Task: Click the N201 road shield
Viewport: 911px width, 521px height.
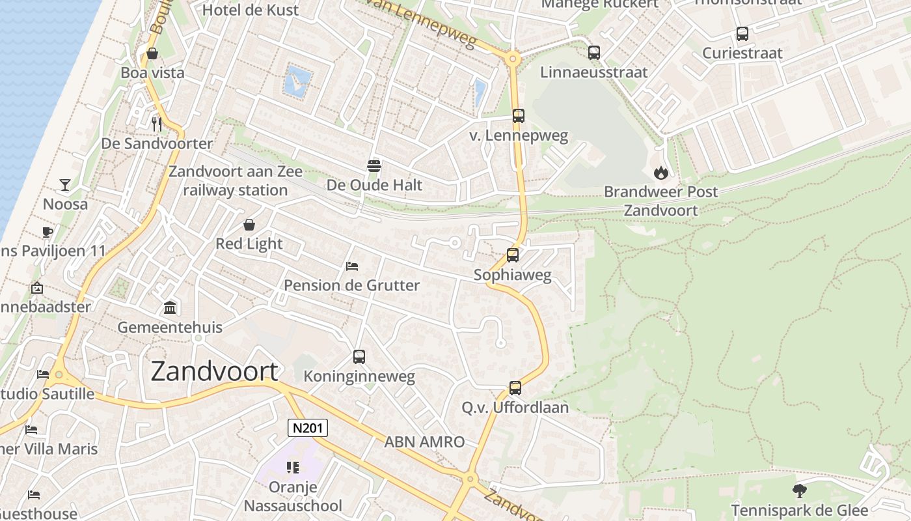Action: pyautogui.click(x=308, y=428)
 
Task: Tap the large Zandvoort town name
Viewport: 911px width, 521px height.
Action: pyautogui.click(x=215, y=371)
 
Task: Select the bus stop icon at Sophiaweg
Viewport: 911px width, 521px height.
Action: pyautogui.click(x=513, y=255)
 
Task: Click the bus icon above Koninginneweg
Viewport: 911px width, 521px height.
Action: pyautogui.click(x=359, y=357)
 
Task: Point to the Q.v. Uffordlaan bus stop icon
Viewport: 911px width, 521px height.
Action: pyautogui.click(x=515, y=388)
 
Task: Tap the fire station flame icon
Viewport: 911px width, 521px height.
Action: pyautogui.click(x=661, y=173)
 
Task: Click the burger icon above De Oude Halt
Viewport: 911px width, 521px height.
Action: pyautogui.click(x=374, y=165)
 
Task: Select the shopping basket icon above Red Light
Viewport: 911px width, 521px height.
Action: pyautogui.click(x=249, y=225)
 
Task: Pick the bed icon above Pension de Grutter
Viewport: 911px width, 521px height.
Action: pyautogui.click(x=352, y=266)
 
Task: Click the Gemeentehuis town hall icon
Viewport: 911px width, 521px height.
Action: pyautogui.click(x=170, y=307)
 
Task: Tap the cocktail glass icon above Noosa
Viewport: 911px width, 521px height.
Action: pyautogui.click(x=65, y=185)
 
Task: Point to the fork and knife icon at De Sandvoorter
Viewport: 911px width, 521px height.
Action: pyautogui.click(x=156, y=124)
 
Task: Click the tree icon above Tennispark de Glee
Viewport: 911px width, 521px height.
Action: pyautogui.click(x=799, y=490)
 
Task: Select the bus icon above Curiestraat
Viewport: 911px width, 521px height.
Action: pyautogui.click(x=742, y=34)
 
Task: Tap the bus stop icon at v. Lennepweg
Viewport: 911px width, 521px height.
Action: pyautogui.click(x=519, y=116)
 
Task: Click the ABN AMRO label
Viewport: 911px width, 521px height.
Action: pyautogui.click(x=424, y=442)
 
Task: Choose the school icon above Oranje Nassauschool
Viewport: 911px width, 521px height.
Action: pyautogui.click(x=293, y=468)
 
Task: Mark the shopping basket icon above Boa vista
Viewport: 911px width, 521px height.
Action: pyautogui.click(x=152, y=53)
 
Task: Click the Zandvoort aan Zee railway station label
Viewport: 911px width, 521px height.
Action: pyautogui.click(x=236, y=181)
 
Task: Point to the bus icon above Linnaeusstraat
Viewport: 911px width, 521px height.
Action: pyautogui.click(x=594, y=53)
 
